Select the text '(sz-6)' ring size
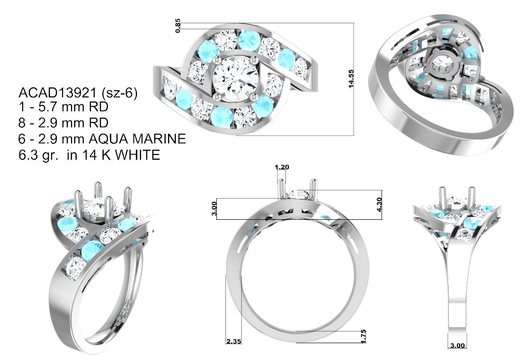(x=119, y=93)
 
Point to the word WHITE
(x=137, y=155)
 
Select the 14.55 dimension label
(x=351, y=79)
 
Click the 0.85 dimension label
(x=178, y=26)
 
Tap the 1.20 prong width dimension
(x=282, y=167)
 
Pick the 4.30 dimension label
(x=379, y=205)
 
